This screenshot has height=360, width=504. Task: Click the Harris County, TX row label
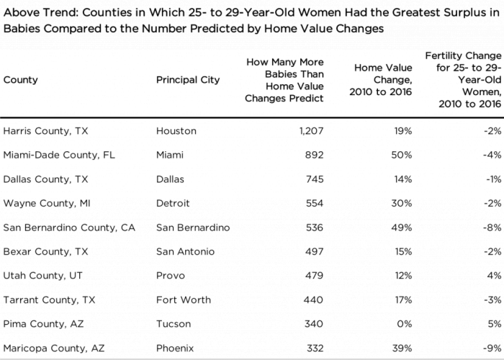[45, 131]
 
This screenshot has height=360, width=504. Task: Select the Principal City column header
[188, 80]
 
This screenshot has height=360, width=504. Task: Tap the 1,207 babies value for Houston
[311, 131]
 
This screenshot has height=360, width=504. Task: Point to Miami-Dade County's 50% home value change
[402, 155]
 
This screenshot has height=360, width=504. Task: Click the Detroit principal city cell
[173, 204]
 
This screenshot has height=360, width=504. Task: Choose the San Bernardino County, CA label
[69, 228]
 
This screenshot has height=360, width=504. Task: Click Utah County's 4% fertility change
[495, 276]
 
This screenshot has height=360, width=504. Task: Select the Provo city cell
[171, 276]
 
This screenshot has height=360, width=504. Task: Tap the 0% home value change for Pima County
[405, 324]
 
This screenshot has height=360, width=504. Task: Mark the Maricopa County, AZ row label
[54, 348]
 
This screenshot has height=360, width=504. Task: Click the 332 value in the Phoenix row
[315, 348]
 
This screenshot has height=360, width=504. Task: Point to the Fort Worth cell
[184, 300]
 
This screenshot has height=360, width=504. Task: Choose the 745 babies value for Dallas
[315, 179]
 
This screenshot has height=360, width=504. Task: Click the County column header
[21, 80]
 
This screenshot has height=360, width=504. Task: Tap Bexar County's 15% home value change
[403, 251]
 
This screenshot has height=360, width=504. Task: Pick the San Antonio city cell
[185, 251]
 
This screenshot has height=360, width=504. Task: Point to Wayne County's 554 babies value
[315, 204]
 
